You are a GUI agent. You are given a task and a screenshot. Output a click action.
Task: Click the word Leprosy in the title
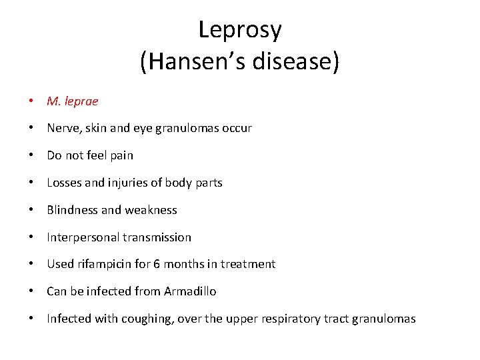pyautogui.click(x=240, y=29)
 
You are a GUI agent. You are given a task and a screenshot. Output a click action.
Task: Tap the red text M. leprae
pyautogui.click(x=72, y=101)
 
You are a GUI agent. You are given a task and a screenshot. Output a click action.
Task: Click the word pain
pyautogui.click(x=121, y=155)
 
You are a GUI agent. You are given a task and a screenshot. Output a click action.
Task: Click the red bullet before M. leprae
pyautogui.click(x=31, y=101)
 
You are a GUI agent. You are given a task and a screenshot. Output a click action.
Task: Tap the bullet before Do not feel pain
pyautogui.click(x=31, y=155)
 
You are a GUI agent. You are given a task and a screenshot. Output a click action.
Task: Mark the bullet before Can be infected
pyautogui.click(x=31, y=291)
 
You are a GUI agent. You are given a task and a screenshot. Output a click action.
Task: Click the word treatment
pyautogui.click(x=250, y=264)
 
